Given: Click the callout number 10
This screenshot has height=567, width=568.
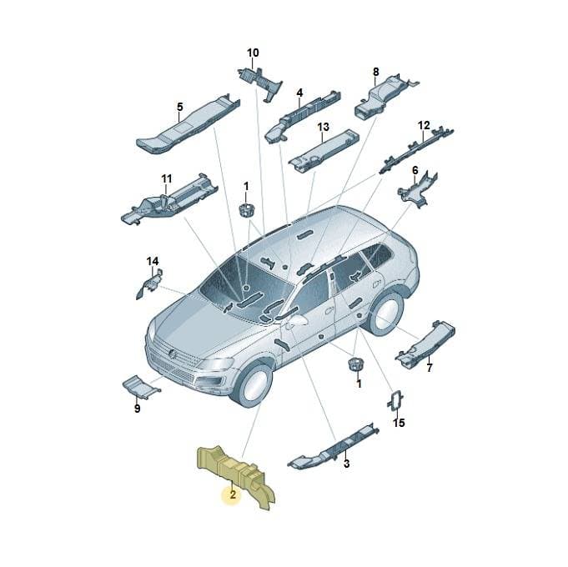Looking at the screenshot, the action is [253, 53].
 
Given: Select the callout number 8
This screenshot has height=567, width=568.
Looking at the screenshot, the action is [375, 72].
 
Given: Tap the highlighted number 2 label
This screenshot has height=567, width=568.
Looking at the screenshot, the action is [233, 494].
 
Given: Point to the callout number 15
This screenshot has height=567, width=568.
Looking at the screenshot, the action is [399, 423].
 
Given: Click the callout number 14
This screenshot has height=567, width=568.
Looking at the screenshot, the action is [153, 261].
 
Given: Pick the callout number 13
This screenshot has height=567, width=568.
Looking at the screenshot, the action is [323, 127].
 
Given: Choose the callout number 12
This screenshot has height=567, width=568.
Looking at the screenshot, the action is [424, 126].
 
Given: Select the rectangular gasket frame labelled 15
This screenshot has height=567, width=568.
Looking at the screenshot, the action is [395, 402].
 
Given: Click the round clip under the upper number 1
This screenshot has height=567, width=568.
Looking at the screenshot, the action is [247, 210].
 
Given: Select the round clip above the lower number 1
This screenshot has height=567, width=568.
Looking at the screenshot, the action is [356, 364].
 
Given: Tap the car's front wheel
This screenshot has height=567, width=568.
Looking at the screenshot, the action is [252, 385].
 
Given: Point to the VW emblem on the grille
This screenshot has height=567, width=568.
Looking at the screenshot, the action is [172, 354].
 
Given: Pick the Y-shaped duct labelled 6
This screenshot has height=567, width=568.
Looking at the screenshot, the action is [418, 190].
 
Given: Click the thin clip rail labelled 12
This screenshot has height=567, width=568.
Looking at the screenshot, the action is [416, 148].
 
